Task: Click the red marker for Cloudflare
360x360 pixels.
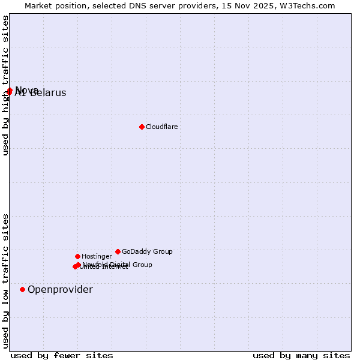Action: pos(142,127)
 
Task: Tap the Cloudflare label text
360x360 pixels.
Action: pos(161,127)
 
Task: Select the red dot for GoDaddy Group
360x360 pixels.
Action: pos(118,251)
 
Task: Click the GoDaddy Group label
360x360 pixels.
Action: pos(147,251)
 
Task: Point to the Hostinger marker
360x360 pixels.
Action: pos(77,256)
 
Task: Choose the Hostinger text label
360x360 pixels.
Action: pos(97,256)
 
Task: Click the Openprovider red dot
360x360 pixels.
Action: pos(22,289)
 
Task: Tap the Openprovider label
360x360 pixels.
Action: pos(60,290)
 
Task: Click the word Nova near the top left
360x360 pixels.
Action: pos(28,90)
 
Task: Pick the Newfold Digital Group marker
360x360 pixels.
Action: pos(79,265)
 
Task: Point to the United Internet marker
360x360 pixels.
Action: pos(75,267)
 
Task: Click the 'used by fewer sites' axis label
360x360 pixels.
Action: pos(62,355)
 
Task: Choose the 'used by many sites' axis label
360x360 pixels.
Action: pos(301,355)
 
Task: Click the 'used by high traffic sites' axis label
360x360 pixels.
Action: pos(5,85)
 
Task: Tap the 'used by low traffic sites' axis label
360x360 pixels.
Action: pos(5,280)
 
